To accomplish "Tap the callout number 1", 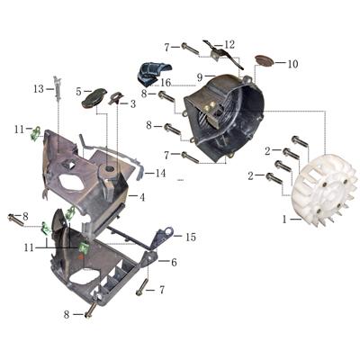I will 285,219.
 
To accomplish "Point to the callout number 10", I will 292,64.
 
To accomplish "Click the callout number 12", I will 229,43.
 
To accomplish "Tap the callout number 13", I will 38,88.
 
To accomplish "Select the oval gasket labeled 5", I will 94,99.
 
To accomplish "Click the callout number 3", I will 133,103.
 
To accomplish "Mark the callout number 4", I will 142,195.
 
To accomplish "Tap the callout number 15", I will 190,237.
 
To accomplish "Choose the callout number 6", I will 173,261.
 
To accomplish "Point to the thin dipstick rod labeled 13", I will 57,99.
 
